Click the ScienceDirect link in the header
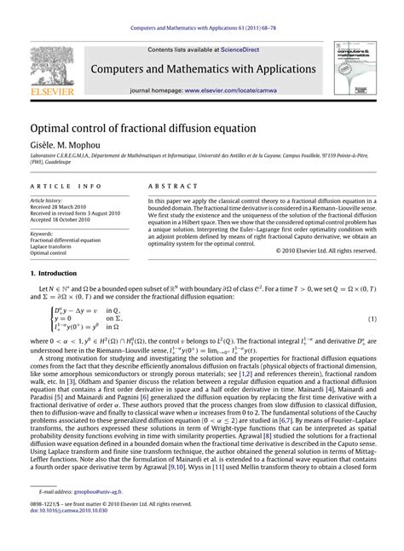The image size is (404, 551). (240, 50)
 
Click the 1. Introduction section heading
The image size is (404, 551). (53, 274)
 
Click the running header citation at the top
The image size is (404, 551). (202, 9)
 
